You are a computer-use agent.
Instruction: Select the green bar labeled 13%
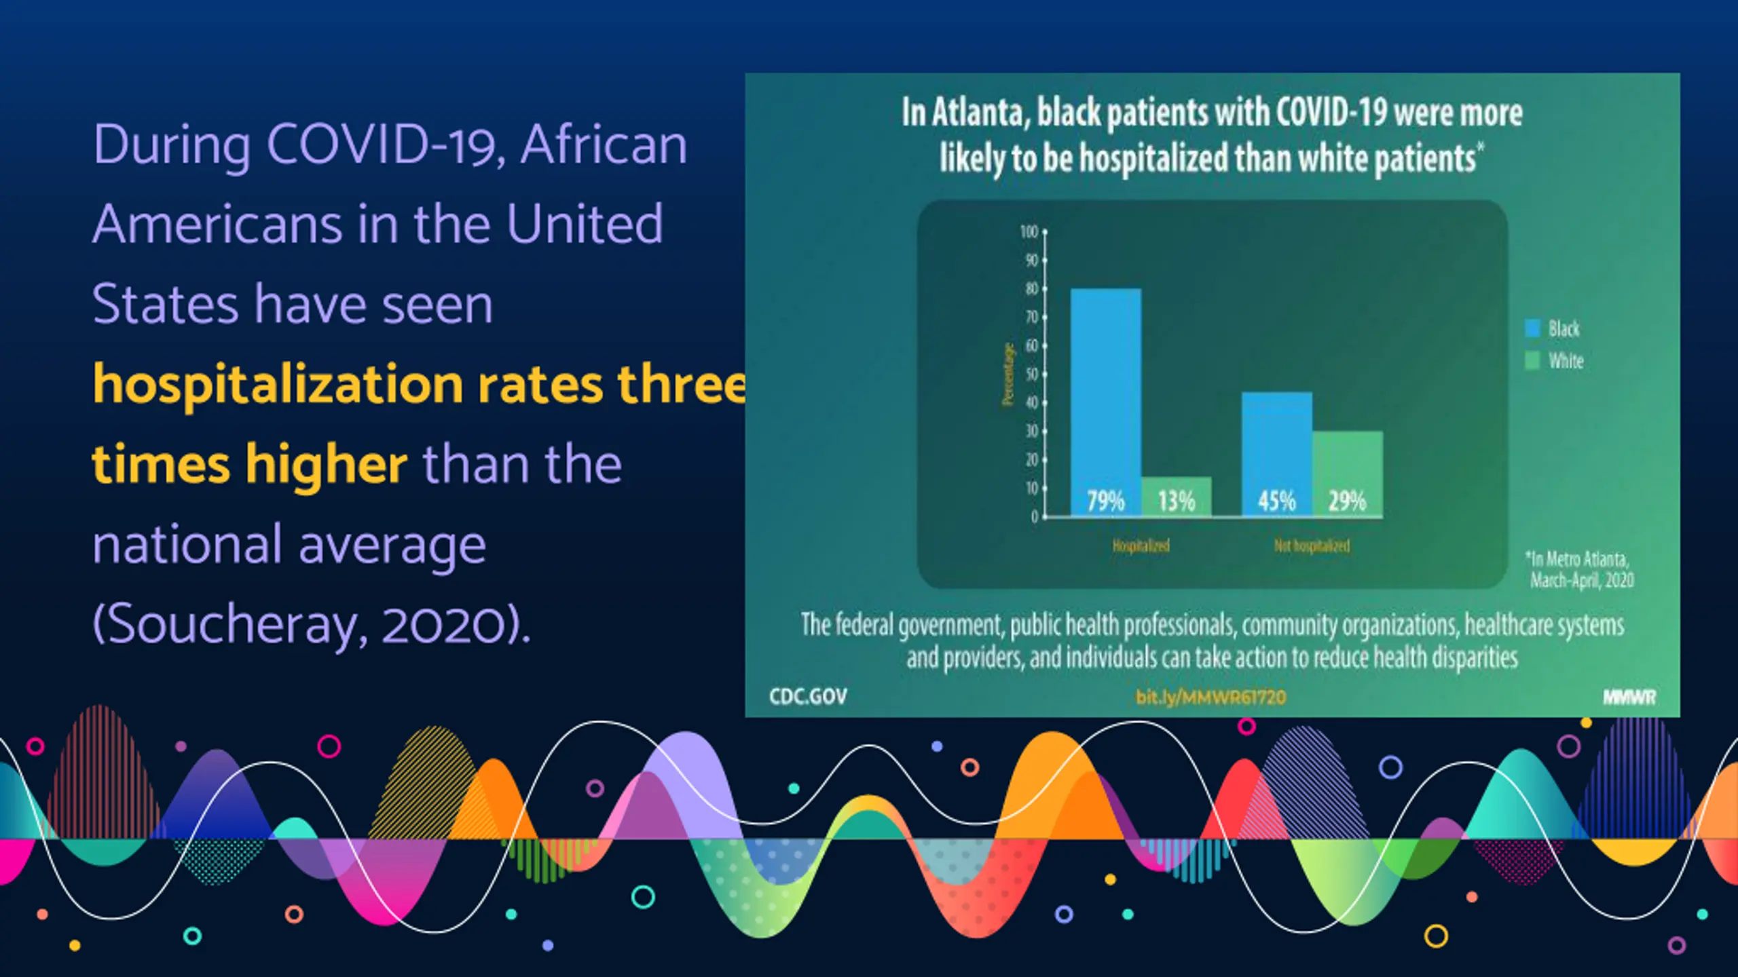(1176, 497)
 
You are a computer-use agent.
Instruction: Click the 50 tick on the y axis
(1032, 375)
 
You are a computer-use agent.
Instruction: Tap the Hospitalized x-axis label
(1141, 546)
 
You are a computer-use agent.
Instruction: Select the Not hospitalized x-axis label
(1312, 546)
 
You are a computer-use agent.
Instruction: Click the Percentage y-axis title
(1007, 375)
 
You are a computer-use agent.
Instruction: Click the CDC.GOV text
(808, 697)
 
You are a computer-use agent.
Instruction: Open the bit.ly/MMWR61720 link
(1210, 697)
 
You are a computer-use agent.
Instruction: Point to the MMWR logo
(1629, 697)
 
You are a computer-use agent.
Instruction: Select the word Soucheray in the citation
(231, 624)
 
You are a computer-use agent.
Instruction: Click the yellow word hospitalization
(278, 385)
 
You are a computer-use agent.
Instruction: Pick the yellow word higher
(326, 465)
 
